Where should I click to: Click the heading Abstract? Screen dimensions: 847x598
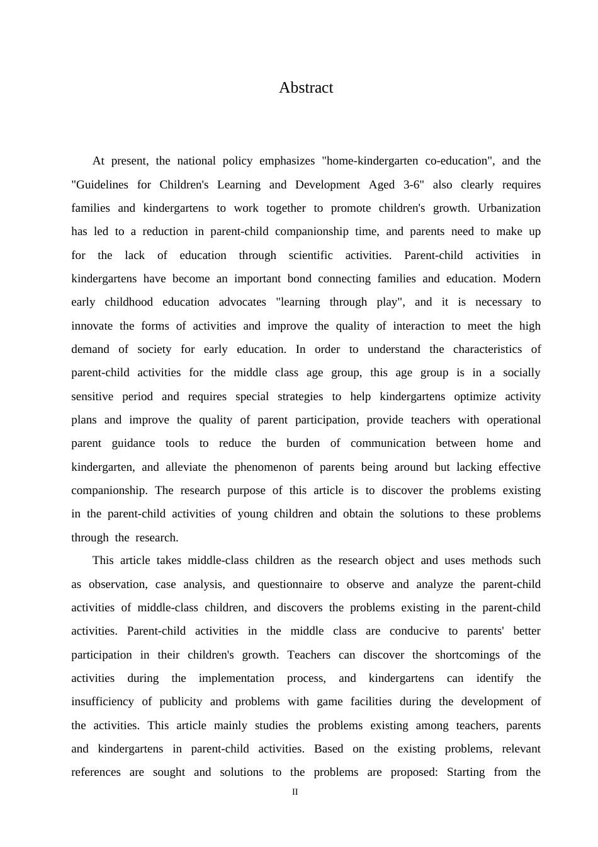click(x=306, y=88)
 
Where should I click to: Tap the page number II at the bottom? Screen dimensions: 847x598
click(x=295, y=792)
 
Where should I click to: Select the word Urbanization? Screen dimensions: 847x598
click(x=509, y=208)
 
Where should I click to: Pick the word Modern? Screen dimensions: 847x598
click(x=522, y=279)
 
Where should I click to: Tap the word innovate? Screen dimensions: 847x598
click(x=93, y=326)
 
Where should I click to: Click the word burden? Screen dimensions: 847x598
click(x=303, y=443)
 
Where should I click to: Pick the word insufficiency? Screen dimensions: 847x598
click(x=102, y=701)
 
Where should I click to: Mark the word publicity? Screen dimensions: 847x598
click(x=182, y=701)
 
